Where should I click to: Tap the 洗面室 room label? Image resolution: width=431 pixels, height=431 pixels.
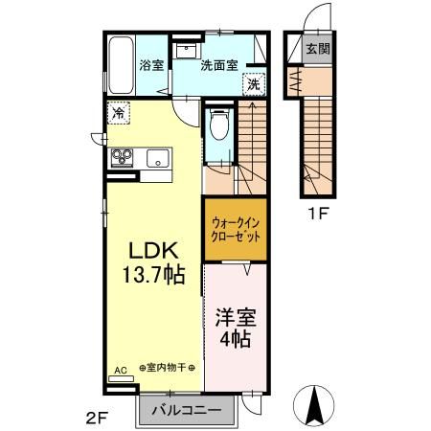(217, 67)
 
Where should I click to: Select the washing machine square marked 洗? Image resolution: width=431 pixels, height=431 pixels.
(253, 84)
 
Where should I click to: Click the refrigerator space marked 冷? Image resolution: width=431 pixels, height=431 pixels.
(117, 113)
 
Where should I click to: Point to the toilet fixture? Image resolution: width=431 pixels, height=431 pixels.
(217, 125)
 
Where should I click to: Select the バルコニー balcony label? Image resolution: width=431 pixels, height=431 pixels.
(188, 411)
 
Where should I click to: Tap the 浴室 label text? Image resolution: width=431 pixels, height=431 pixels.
(151, 67)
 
